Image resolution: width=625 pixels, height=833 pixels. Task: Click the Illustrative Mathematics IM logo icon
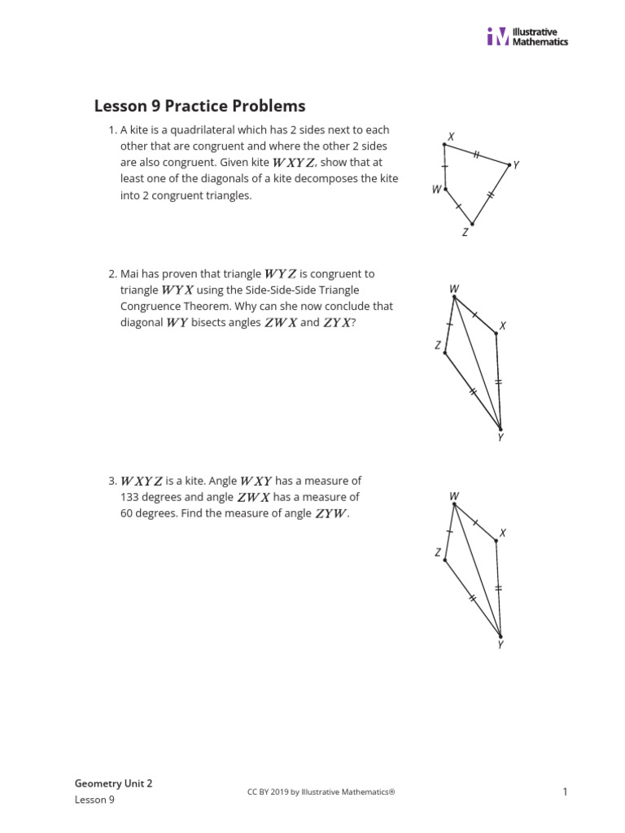[497, 37]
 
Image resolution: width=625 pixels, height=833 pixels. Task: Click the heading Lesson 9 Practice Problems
[200, 106]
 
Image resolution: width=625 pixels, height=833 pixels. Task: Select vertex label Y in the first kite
[516, 164]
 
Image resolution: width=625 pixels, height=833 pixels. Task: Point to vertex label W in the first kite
[437, 190]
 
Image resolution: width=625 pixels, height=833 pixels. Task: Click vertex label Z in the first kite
[465, 233]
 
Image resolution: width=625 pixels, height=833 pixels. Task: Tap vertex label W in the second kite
[453, 289]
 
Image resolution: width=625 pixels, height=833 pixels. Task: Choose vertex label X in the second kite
[503, 326]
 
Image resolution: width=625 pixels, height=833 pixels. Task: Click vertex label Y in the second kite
[500, 438]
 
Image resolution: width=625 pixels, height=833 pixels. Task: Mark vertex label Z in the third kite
[438, 552]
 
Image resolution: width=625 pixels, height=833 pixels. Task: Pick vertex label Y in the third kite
[500, 645]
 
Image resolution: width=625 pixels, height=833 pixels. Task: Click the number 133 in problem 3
[130, 497]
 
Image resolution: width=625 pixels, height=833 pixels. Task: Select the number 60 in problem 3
[127, 513]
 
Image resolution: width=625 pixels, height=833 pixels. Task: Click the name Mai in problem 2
[131, 274]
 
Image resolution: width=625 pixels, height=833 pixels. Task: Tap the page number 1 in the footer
[564, 792]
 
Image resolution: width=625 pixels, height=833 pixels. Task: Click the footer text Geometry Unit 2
[113, 783]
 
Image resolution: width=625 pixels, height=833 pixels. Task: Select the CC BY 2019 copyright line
[321, 792]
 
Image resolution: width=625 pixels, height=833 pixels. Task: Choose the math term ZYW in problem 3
[330, 513]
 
